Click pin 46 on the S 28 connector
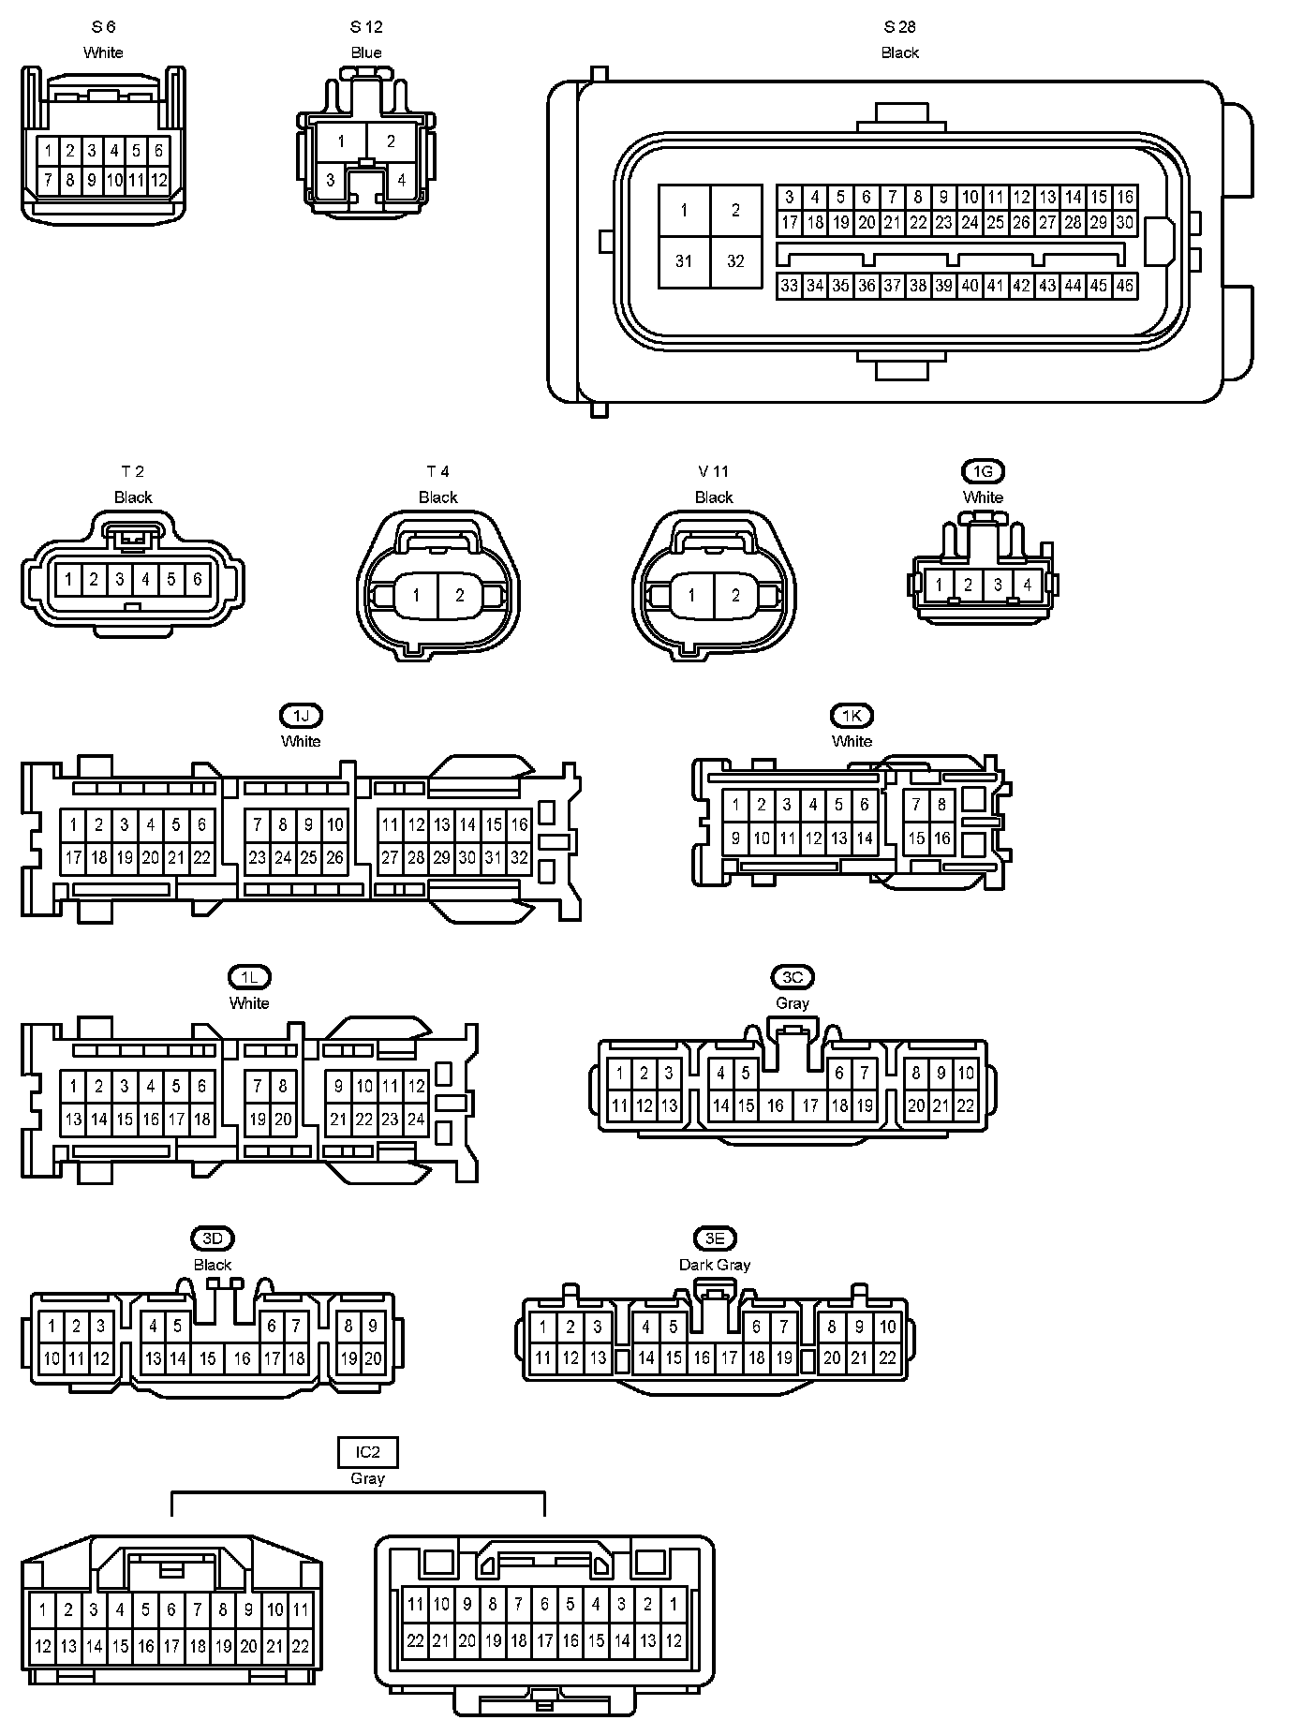point(1124,286)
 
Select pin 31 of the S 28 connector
point(684,261)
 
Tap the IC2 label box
point(367,1453)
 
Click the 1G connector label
point(983,471)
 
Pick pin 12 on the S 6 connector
point(158,180)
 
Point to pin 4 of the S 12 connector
point(401,180)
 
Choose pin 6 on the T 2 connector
point(197,580)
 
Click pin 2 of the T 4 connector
point(460,596)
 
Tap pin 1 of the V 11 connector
point(691,596)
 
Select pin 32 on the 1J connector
point(519,857)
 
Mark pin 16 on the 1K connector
point(941,838)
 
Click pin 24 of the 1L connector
point(416,1119)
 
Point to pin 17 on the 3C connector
point(810,1105)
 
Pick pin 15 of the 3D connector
point(208,1358)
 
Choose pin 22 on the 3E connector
point(887,1358)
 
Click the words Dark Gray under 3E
point(715,1265)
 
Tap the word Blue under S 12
point(366,52)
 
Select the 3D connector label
point(213,1238)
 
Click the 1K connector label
point(852,716)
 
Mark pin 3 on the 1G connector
point(998,586)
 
